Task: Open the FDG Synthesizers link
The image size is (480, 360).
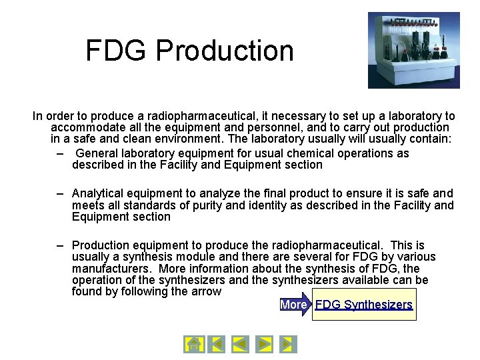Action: pos(364,305)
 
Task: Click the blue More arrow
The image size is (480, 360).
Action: pos(295,305)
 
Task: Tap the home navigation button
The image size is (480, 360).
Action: pos(193,344)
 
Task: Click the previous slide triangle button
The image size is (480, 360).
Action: pos(240,344)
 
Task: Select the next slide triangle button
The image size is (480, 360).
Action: pos(265,344)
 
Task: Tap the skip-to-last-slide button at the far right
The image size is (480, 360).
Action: pos(288,344)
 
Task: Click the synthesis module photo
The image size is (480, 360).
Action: pos(404,50)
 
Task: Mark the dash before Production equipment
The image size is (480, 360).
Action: pos(59,245)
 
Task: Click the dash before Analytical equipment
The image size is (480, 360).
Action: pos(59,194)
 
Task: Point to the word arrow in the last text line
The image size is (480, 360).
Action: pos(205,291)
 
